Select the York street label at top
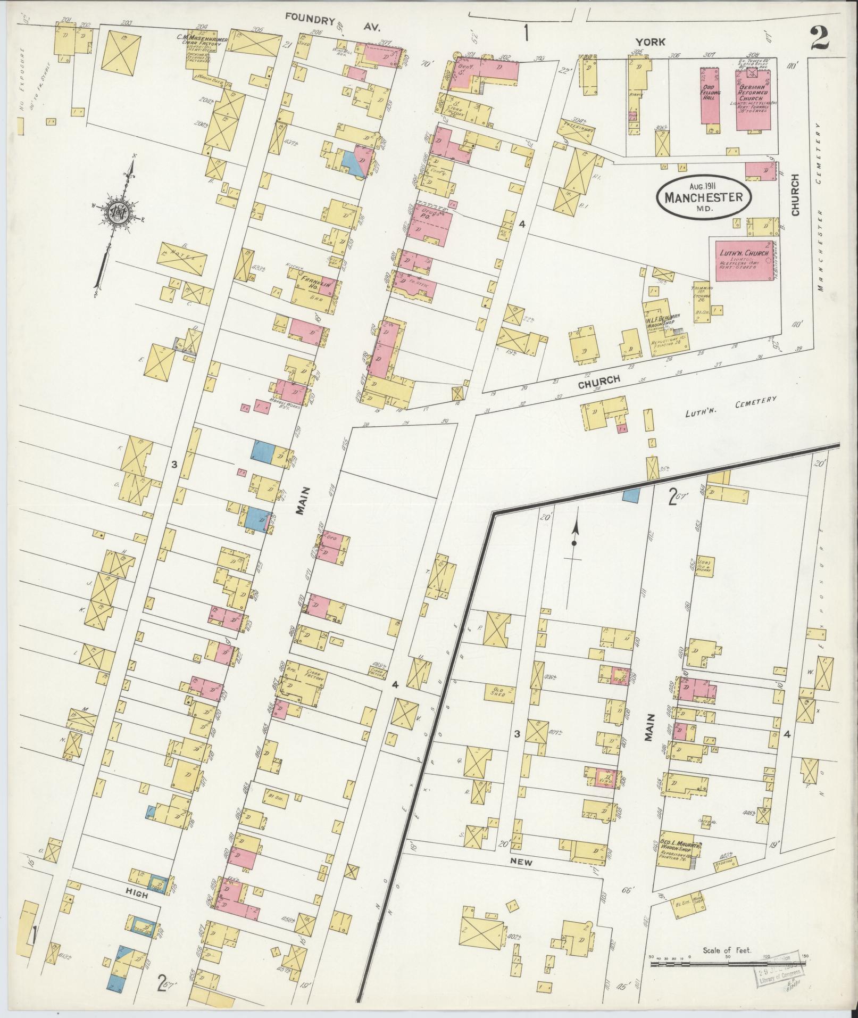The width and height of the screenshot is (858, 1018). [x=651, y=42]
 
